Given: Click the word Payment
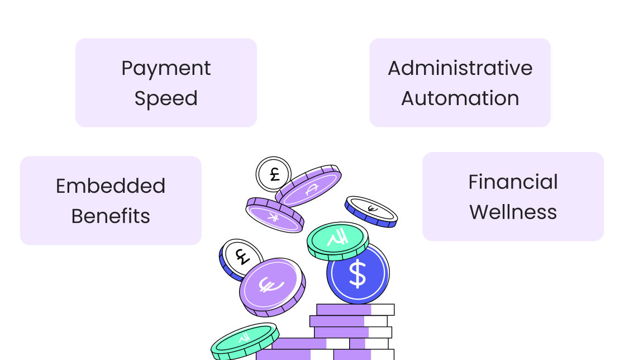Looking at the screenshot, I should point(166,68).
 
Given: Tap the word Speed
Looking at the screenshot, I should point(166,98).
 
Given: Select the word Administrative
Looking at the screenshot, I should point(460,68).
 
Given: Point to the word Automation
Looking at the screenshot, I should point(460,98).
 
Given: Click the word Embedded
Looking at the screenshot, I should point(111,186).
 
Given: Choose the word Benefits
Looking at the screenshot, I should point(111,216).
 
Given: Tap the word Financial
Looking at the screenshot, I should point(513,182).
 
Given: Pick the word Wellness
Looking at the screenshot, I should point(513,212).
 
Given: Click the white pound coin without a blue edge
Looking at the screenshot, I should point(273,173).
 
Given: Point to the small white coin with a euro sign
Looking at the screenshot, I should point(371,210).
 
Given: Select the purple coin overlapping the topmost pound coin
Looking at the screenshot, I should point(309,187).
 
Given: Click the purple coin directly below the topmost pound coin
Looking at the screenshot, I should point(274,214).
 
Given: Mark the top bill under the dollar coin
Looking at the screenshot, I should point(355,310).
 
